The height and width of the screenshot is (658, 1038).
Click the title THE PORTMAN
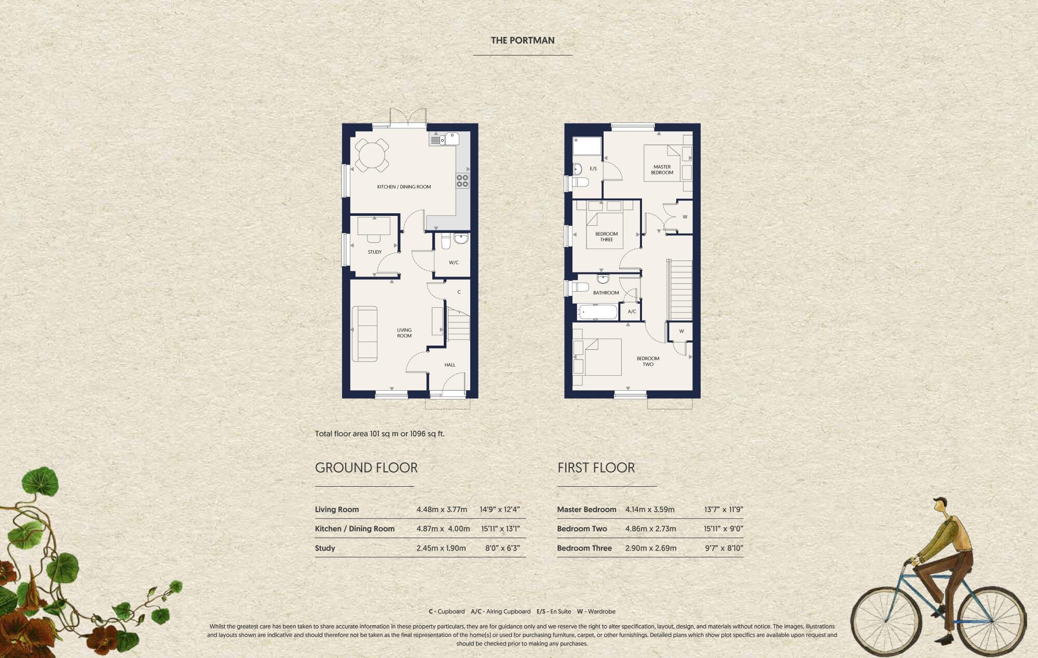[x=523, y=40]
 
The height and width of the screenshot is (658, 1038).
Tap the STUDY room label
[x=375, y=252]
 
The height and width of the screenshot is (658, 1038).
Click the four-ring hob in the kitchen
[x=462, y=181]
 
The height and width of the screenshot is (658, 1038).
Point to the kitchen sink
[x=450, y=139]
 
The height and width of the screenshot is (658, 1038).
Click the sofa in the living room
[x=364, y=334]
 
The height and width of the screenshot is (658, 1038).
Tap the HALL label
[x=450, y=365]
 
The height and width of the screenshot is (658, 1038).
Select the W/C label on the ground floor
[x=454, y=263]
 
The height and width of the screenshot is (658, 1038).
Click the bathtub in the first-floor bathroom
[x=597, y=312]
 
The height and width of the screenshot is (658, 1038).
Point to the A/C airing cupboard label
[x=632, y=312]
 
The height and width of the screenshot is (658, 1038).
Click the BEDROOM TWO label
[x=648, y=361]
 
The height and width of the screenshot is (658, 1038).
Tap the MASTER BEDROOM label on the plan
[x=662, y=170]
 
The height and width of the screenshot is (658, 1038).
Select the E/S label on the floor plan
[x=593, y=169]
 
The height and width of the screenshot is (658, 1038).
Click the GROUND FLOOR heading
[x=366, y=468]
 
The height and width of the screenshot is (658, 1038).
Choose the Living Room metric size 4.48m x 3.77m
[x=442, y=510]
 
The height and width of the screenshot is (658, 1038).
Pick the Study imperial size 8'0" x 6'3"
[x=502, y=548]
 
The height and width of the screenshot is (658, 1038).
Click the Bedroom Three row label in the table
[x=584, y=548]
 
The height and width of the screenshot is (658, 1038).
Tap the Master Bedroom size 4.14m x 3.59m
[x=650, y=510]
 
